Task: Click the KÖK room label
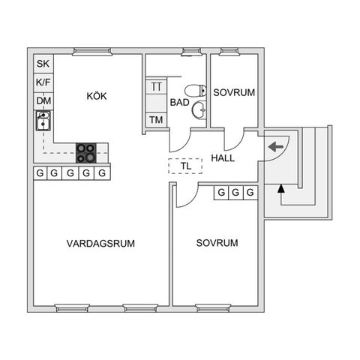97,96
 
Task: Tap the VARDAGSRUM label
100,243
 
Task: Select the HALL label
223,158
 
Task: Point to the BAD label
179,102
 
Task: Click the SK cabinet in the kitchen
43,64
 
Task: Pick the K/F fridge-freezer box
43,82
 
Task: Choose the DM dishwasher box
43,101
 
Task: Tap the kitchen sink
43,121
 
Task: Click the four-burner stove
86,153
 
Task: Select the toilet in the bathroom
196,91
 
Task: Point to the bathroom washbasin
199,109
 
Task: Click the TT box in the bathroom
156,87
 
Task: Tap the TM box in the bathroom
156,120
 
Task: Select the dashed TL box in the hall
185,166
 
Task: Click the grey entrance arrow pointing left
276,147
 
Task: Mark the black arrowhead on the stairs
281,188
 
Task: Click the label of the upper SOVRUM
234,92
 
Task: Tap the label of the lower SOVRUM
217,243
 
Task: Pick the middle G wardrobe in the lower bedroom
235,193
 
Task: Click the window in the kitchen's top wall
92,51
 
